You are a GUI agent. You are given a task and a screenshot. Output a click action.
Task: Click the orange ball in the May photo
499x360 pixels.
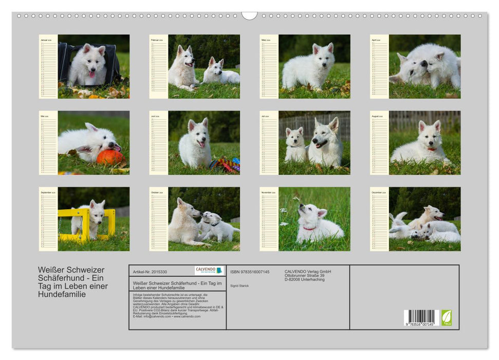[110, 157]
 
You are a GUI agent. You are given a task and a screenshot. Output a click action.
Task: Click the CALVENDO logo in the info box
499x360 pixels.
[209, 271]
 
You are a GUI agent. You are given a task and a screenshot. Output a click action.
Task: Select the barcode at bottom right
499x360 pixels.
[421, 317]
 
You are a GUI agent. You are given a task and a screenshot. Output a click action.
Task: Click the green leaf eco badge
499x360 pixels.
[447, 317]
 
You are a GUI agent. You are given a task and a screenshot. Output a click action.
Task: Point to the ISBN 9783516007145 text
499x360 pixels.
[250, 272]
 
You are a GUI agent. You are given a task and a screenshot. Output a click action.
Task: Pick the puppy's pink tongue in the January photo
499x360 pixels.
[92, 74]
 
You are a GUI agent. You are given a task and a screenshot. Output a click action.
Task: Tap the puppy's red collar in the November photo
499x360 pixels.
[309, 228]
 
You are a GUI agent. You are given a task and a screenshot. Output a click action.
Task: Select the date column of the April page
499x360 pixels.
[379, 69]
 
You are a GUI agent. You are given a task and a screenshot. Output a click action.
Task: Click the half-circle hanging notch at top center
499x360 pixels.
[249, 15]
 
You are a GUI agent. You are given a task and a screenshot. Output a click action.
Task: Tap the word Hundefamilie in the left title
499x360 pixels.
[62, 295]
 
